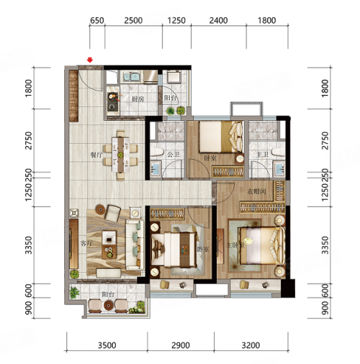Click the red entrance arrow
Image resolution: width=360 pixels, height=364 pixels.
[90, 60]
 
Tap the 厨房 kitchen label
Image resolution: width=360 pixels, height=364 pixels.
[138, 99]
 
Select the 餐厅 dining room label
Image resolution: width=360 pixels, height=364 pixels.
[96, 155]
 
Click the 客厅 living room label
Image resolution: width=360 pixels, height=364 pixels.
[86, 243]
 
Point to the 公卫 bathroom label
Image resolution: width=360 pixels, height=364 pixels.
[174, 155]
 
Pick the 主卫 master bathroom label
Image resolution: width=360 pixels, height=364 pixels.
[262, 155]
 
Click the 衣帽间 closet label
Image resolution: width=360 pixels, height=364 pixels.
[256, 191]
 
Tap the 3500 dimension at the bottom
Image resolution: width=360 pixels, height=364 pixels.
[107, 345]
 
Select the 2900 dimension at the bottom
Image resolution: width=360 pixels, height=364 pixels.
[181, 345]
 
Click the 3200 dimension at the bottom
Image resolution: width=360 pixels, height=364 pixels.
[251, 345]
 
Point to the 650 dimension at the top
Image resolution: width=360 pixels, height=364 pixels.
[97, 21]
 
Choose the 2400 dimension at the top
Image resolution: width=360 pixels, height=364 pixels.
[218, 21]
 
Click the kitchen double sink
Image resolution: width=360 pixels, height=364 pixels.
[132, 77]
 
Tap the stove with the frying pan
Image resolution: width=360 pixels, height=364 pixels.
[113, 101]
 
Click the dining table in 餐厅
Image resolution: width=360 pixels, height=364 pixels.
[121, 155]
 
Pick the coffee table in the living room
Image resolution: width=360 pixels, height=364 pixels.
[109, 245]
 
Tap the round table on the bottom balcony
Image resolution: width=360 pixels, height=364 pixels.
[109, 306]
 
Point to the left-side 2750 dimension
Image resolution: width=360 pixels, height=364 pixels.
[29, 140]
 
